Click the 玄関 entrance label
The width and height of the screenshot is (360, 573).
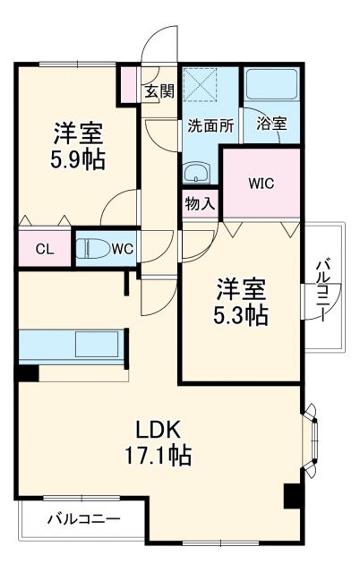pos(160,90)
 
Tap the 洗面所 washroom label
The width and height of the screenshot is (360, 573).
pos(210,126)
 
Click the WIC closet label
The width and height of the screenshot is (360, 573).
pos(261,184)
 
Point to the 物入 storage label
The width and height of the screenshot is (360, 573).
pos(200,203)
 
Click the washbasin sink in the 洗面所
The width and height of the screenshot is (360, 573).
pos(195,172)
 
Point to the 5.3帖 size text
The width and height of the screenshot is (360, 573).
pos(243,315)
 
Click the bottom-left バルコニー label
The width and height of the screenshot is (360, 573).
pos(82,517)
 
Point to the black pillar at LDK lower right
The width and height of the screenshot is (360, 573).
pos(292,496)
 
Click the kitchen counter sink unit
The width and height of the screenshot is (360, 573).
pos(72,345)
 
